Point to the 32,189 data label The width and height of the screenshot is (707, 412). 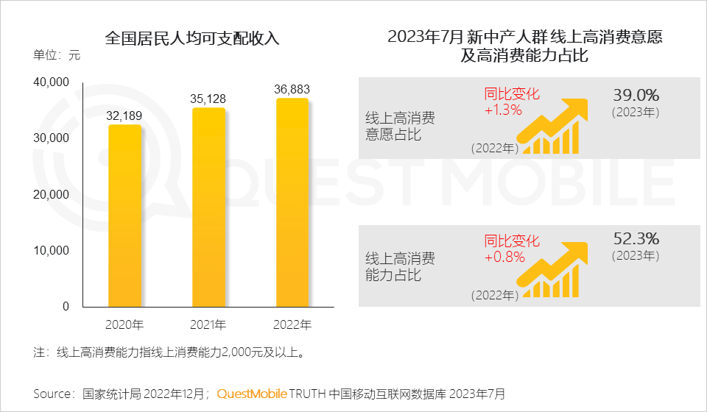coord(124,116)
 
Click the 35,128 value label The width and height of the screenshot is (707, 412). coord(208,99)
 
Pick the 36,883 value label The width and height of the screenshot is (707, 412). coord(292,89)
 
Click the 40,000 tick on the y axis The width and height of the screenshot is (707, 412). coord(52,82)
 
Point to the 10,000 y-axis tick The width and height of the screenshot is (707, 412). coord(52,250)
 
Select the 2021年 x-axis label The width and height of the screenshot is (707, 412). coord(208,324)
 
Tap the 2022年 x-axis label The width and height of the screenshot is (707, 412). coord(292,324)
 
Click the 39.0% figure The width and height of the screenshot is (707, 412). coord(636,95)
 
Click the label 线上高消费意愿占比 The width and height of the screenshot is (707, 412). coord(400,125)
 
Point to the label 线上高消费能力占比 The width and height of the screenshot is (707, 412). coord(400,266)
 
